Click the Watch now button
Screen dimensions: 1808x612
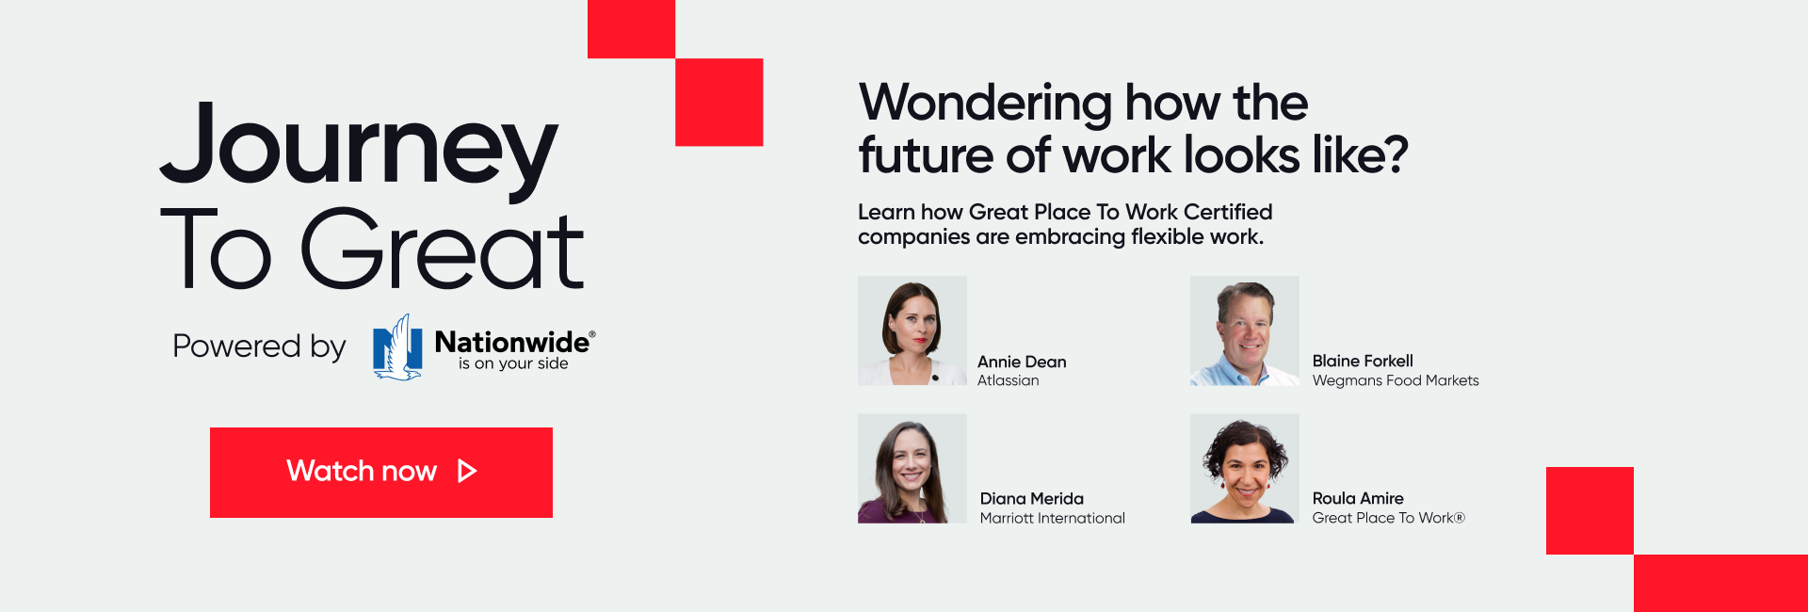pyautogui.click(x=381, y=472)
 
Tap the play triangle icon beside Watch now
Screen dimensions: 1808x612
pyautogui.click(x=467, y=471)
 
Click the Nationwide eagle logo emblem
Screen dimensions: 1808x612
pyautogui.click(x=397, y=346)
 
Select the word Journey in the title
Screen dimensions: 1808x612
pyautogui.click(x=359, y=148)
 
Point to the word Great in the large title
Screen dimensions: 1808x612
pyautogui.click(x=443, y=249)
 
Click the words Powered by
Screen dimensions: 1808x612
pyautogui.click(x=259, y=346)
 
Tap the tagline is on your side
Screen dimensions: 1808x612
pyautogui.click(x=513, y=363)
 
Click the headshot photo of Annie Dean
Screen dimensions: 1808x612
pyautogui.click(x=912, y=330)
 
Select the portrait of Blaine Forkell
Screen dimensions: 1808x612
pyautogui.click(x=1245, y=330)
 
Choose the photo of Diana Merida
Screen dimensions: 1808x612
pyautogui.click(x=912, y=468)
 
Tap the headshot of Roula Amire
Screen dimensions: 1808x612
pyautogui.click(x=1245, y=468)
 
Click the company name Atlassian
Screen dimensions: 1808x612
pyautogui.click(x=1008, y=380)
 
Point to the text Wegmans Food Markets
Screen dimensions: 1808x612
pyautogui.click(x=1396, y=380)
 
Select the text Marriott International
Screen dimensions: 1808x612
pyautogui.click(x=1053, y=518)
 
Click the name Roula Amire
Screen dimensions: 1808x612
pyautogui.click(x=1358, y=498)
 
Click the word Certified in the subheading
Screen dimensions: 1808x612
pyautogui.click(x=1228, y=212)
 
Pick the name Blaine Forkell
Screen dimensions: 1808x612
pyautogui.click(x=1363, y=361)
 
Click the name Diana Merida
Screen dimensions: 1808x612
pyautogui.click(x=1032, y=498)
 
